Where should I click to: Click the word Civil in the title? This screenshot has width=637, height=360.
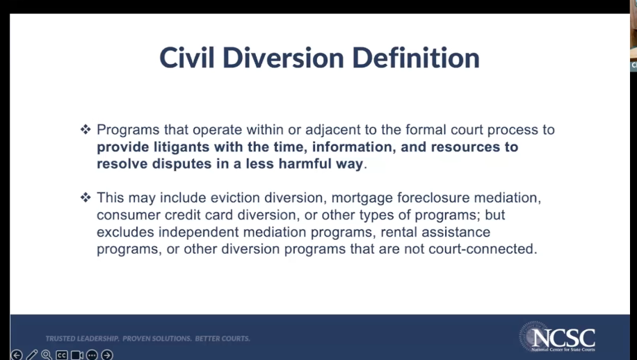(187, 57)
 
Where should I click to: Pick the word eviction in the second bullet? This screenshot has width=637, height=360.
(235, 197)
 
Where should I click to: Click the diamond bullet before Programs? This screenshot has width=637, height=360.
(86, 129)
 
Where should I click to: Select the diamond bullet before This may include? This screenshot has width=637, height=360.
(86, 197)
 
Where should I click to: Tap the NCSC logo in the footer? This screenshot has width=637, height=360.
(558, 337)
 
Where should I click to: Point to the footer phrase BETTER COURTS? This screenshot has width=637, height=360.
(223, 338)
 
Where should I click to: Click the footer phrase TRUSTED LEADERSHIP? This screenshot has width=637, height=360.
(82, 338)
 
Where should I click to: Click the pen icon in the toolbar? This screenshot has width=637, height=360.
(32, 355)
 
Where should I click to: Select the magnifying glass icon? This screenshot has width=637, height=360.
(47, 355)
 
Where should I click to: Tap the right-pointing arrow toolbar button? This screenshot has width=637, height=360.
(107, 355)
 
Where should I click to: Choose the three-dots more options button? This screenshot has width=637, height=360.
(92, 355)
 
